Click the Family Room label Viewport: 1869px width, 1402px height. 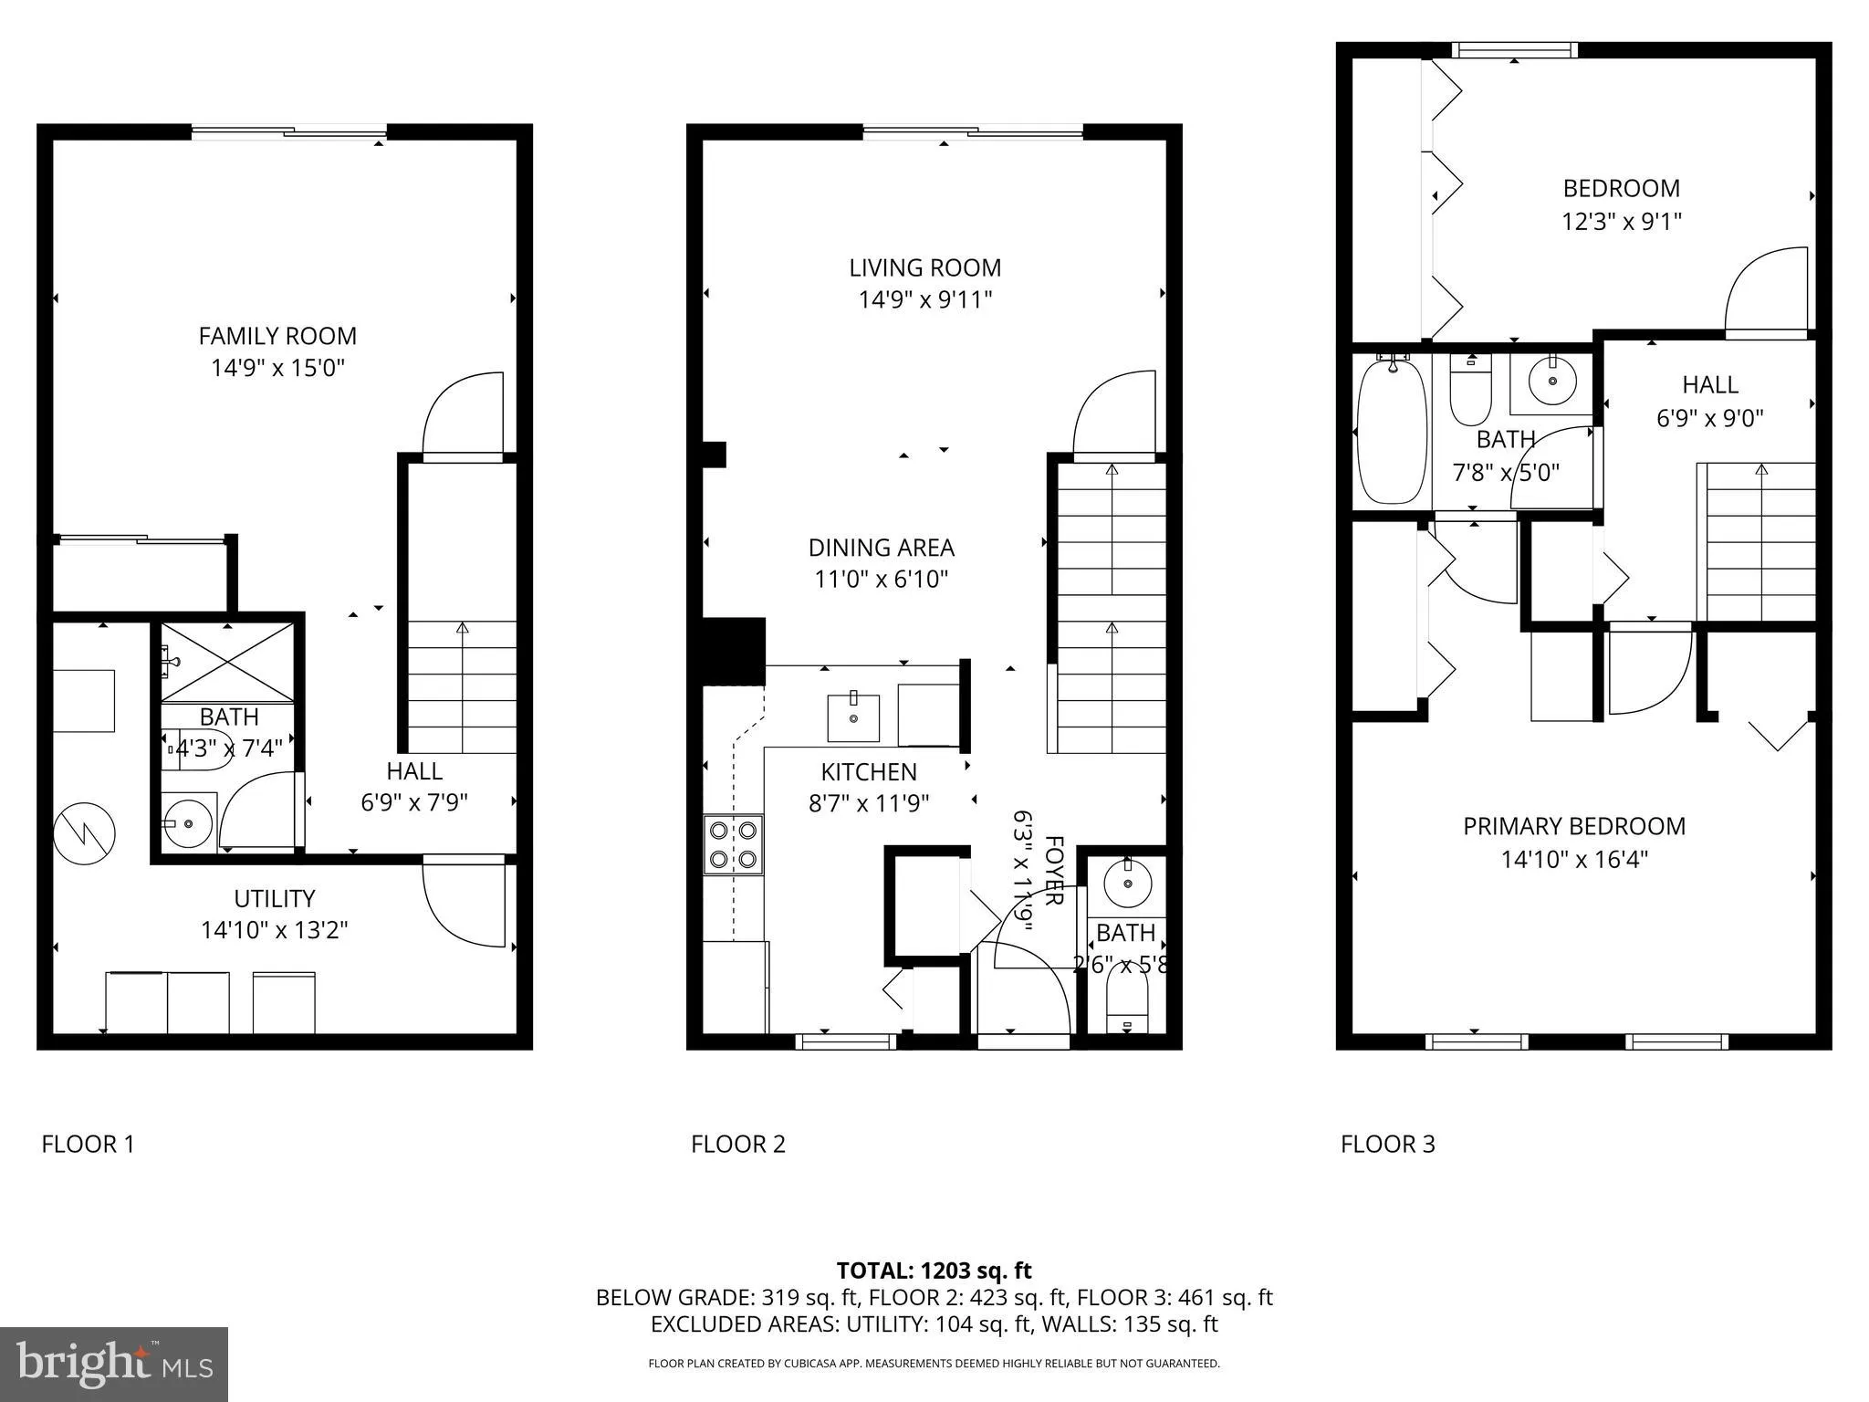point(277,336)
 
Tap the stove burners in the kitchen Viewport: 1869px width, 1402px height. point(734,844)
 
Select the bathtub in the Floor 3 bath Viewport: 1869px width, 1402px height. point(1392,430)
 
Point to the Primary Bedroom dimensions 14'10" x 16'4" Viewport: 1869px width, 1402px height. point(1574,860)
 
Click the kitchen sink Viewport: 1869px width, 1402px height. point(853,718)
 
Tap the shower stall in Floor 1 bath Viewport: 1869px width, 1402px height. point(228,663)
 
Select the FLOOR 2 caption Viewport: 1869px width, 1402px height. point(737,1144)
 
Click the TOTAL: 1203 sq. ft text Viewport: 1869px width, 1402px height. point(934,1271)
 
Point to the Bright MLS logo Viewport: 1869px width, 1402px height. point(114,1364)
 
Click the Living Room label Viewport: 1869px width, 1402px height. point(924,267)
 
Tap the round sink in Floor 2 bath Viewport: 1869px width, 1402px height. point(1128,883)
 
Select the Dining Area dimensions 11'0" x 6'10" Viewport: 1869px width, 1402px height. point(881,580)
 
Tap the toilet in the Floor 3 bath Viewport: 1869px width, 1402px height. point(1470,392)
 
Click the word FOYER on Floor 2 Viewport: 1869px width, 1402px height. point(1054,870)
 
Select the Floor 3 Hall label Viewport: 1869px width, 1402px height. point(1709,384)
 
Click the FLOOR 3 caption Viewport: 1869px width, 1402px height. point(1387,1144)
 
